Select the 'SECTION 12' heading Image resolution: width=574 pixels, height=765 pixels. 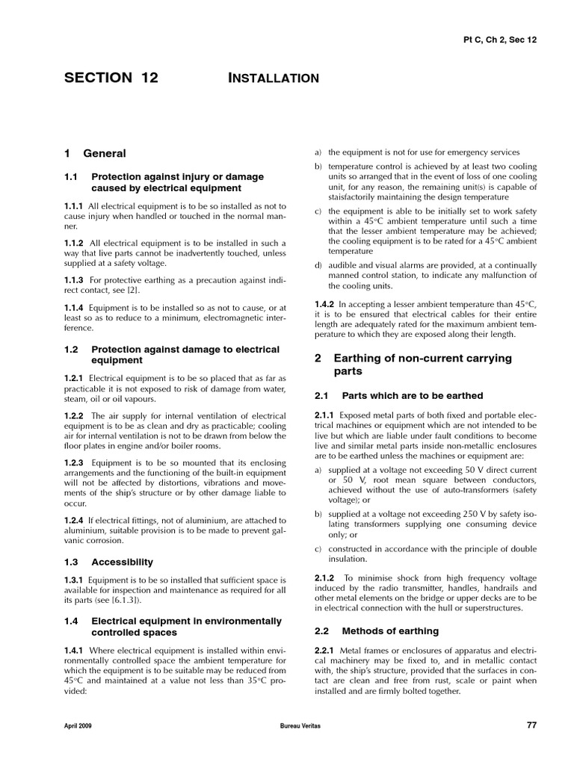(111, 78)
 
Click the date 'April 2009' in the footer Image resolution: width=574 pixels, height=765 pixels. (78, 725)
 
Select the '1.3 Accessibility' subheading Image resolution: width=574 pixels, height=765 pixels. (108, 562)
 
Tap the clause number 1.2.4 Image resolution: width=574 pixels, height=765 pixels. (74, 520)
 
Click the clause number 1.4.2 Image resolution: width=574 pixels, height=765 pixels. (325, 304)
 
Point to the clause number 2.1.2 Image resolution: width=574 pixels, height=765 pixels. (325, 577)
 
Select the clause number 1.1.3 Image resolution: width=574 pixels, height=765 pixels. (74, 279)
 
